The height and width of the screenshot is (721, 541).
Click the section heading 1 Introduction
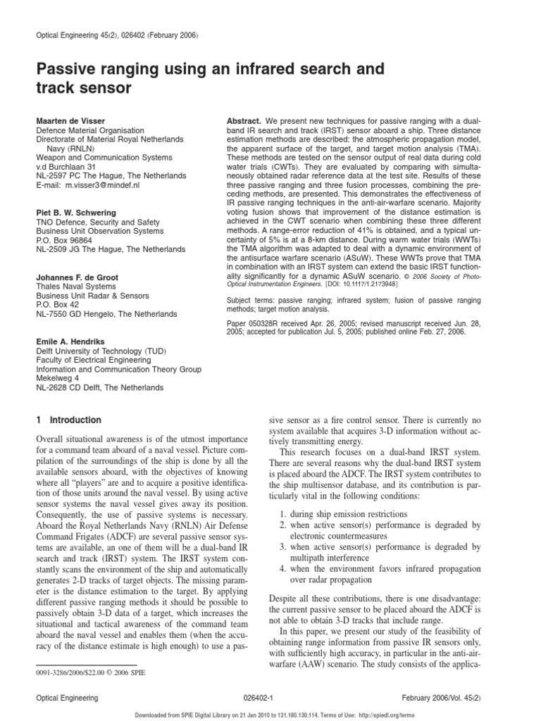(x=68, y=420)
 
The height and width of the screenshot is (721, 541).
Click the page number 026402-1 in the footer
(x=270, y=697)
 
